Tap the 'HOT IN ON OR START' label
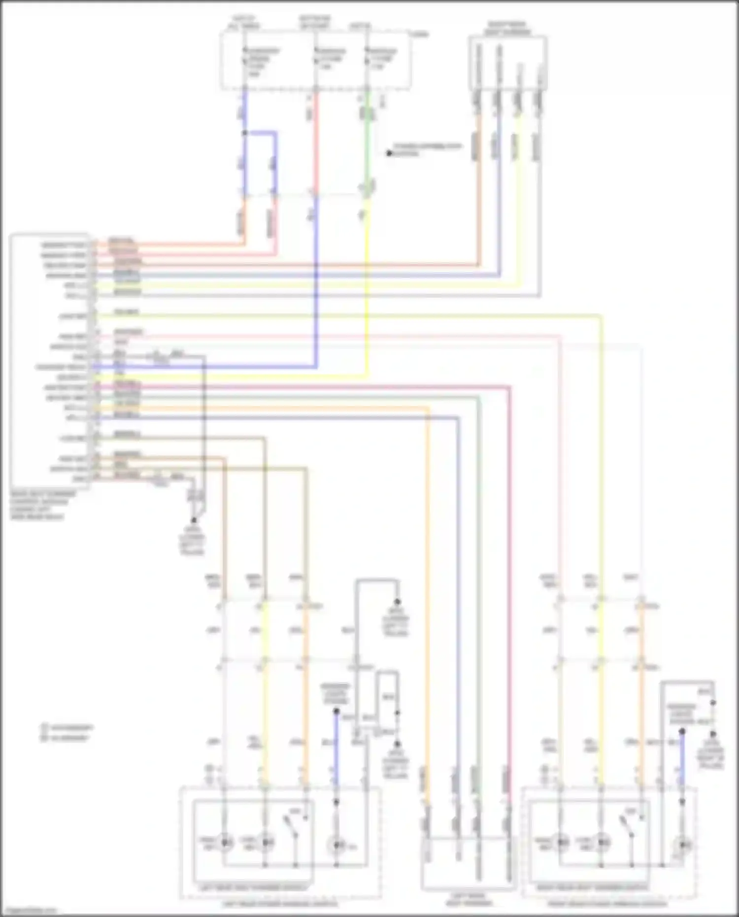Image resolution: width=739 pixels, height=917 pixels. tap(315, 22)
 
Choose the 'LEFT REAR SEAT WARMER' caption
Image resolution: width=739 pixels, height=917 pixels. tap(466, 900)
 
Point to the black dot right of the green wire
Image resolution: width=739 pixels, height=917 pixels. tap(389, 153)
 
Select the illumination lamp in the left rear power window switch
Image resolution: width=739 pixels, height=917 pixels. tap(336, 846)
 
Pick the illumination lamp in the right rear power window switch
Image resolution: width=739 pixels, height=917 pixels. tap(682, 845)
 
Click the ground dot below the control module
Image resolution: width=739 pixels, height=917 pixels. tap(194, 520)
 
